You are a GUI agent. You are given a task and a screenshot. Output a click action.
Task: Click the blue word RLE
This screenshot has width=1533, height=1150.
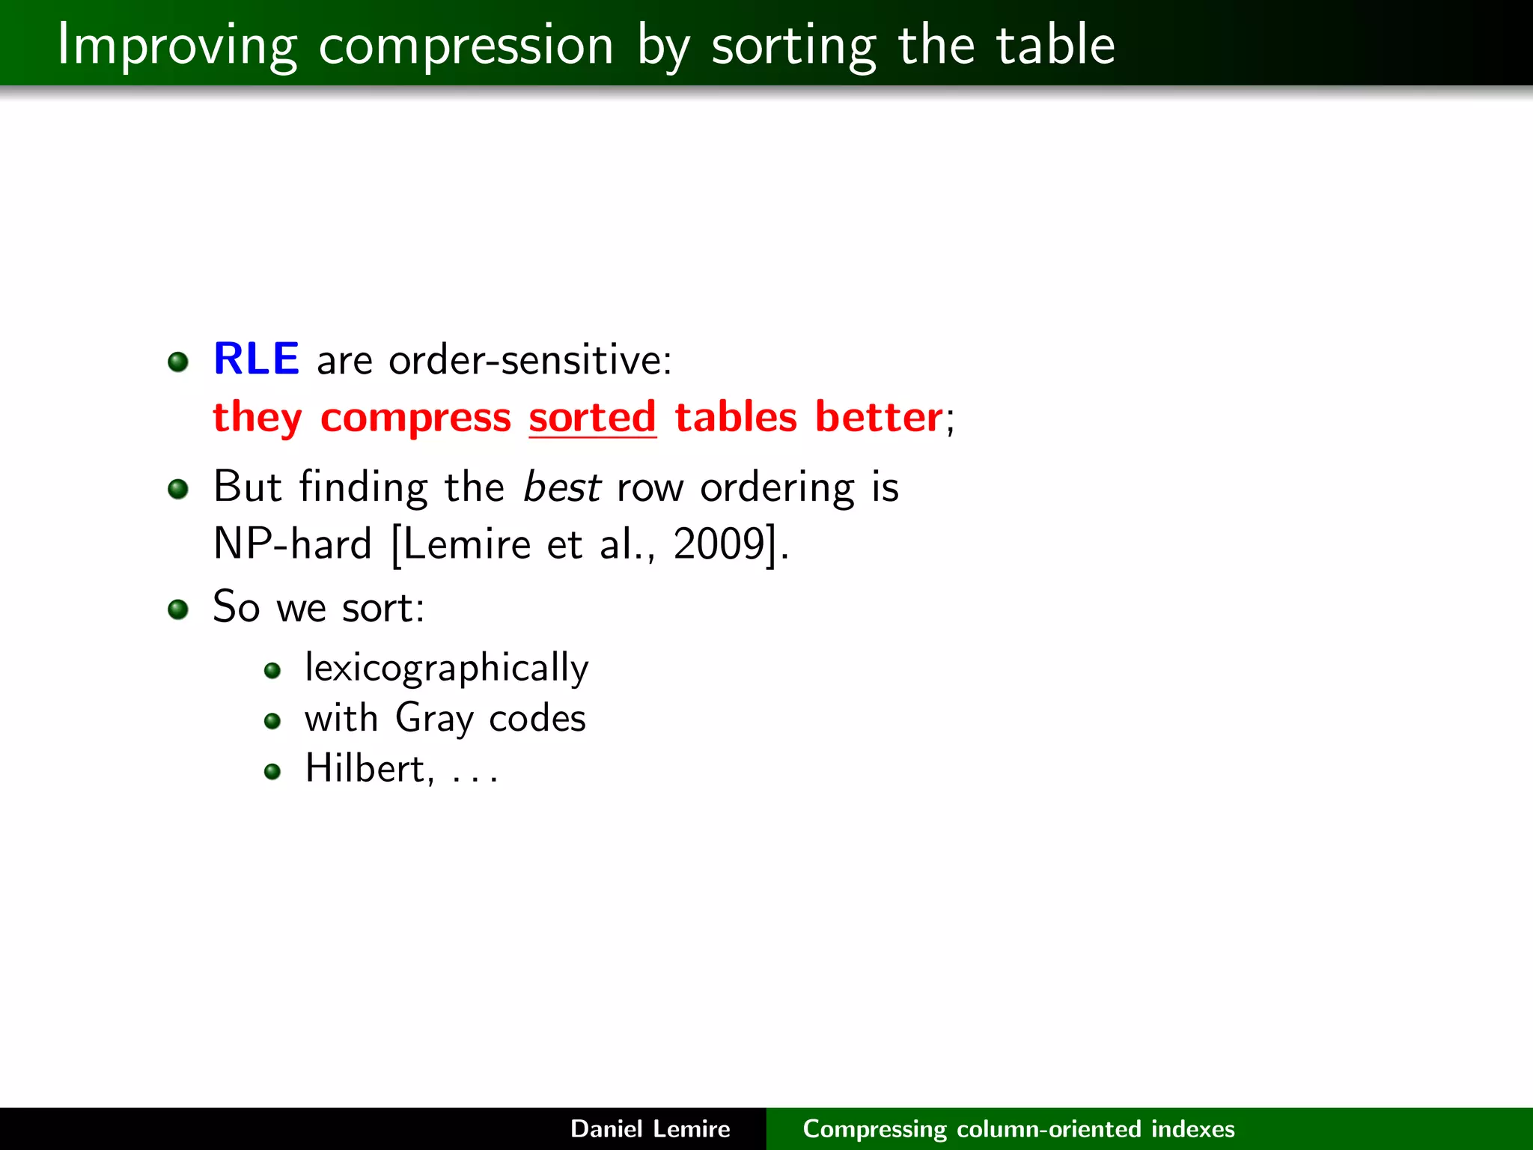click(x=256, y=359)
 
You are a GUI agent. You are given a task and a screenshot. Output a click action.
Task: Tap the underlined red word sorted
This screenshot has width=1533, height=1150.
click(x=592, y=418)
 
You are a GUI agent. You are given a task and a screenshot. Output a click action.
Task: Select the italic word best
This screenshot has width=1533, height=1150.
click(x=561, y=487)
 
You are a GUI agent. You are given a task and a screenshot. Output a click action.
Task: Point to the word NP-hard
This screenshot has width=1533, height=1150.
click(x=292, y=544)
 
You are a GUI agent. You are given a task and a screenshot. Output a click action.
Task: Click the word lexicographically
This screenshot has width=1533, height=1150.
click(x=446, y=668)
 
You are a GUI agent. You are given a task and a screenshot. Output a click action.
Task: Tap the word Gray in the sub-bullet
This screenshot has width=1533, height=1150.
click(x=434, y=719)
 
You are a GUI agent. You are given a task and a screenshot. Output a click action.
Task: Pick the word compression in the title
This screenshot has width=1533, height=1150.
click(x=466, y=46)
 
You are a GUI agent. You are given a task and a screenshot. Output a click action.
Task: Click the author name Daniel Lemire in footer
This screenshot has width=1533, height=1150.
click(x=650, y=1129)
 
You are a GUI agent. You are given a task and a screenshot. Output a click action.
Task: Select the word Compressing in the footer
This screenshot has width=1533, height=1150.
click(x=874, y=1129)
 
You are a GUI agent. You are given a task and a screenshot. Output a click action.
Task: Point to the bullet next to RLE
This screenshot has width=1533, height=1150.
click(x=178, y=362)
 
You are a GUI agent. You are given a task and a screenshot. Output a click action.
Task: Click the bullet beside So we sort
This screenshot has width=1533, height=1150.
click(x=178, y=609)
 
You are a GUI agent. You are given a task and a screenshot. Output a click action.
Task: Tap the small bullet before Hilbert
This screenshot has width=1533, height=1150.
click(x=272, y=771)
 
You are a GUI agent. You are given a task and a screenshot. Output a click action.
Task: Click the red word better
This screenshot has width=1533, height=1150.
click(x=878, y=418)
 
